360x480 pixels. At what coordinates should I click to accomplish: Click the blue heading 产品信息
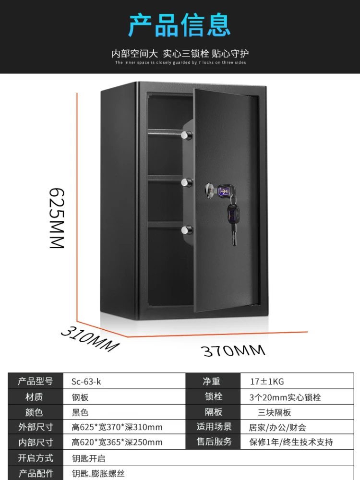180,25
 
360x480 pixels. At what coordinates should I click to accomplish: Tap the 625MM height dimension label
57,218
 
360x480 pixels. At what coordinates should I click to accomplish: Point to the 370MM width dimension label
233,350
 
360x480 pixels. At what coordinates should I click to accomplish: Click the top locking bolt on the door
186,135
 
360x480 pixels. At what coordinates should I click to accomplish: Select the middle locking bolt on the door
186,182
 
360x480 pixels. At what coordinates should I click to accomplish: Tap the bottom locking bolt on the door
186,230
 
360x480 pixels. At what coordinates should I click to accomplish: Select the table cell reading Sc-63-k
86,382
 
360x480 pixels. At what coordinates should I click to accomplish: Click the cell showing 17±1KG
267,382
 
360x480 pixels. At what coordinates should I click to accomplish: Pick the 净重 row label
211,382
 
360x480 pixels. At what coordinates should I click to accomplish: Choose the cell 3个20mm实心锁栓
285,397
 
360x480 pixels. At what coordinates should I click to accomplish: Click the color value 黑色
80,412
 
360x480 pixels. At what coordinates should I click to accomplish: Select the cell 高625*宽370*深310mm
117,427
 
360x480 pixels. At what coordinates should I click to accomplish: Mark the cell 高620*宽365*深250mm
117,442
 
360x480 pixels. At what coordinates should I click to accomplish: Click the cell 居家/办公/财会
277,427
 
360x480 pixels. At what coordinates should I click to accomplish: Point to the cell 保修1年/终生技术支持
291,442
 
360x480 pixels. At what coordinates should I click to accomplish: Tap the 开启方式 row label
36,458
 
